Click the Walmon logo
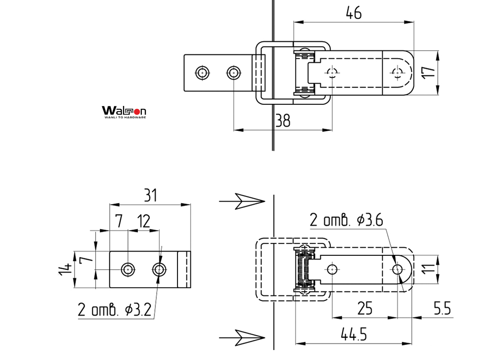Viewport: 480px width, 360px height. pyautogui.click(x=124, y=112)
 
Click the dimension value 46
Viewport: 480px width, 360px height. pyautogui.click(x=353, y=13)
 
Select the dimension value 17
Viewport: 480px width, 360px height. pyautogui.click(x=429, y=72)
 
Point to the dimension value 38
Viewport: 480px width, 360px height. pyautogui.click(x=283, y=121)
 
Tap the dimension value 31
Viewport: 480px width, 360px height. pyautogui.click(x=150, y=195)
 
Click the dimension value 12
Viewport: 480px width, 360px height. pyautogui.click(x=144, y=222)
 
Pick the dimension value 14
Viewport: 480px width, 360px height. pyautogui.click(x=65, y=270)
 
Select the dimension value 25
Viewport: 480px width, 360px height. pyautogui.click(x=364, y=308)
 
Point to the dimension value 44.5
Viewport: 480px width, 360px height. pyautogui.click(x=353, y=334)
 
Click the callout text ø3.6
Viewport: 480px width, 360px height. pyautogui.click(x=370, y=220)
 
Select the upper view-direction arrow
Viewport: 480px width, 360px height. pyautogui.click(x=242, y=202)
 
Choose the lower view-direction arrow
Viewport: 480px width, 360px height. pyautogui.click(x=242, y=338)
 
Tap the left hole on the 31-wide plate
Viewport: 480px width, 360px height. pyautogui.click(x=128, y=270)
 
